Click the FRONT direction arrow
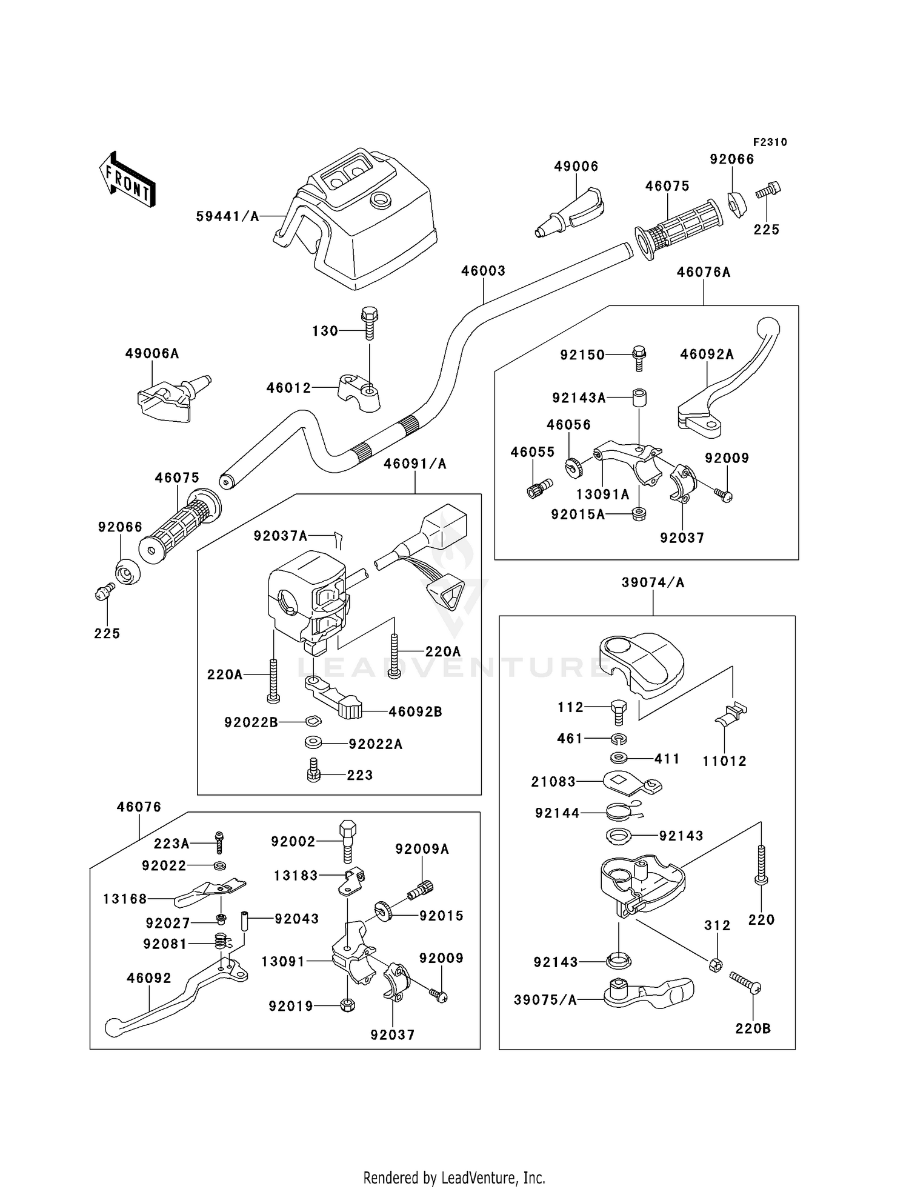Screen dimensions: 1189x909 point(127,180)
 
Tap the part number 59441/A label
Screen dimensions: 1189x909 point(227,216)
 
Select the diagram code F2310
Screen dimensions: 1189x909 point(770,142)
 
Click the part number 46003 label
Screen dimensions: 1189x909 point(483,271)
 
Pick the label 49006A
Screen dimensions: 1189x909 point(152,353)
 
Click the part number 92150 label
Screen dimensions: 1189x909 point(582,355)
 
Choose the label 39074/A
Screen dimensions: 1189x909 point(653,582)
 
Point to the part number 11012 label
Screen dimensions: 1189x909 point(725,761)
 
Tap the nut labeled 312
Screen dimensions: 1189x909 point(716,964)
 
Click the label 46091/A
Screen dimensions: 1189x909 point(415,464)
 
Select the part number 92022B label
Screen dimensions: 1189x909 point(251,722)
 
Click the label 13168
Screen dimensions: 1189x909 point(125,899)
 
